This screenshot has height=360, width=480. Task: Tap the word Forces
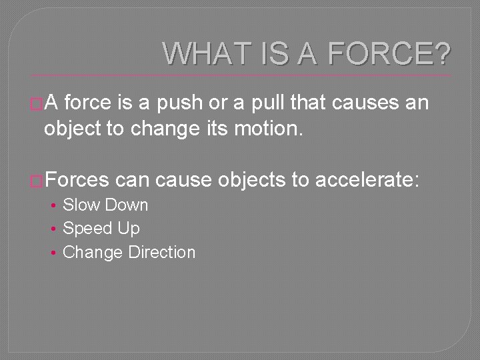(78, 180)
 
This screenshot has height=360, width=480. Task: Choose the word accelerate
(366, 180)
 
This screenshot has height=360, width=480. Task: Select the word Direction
(161, 253)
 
